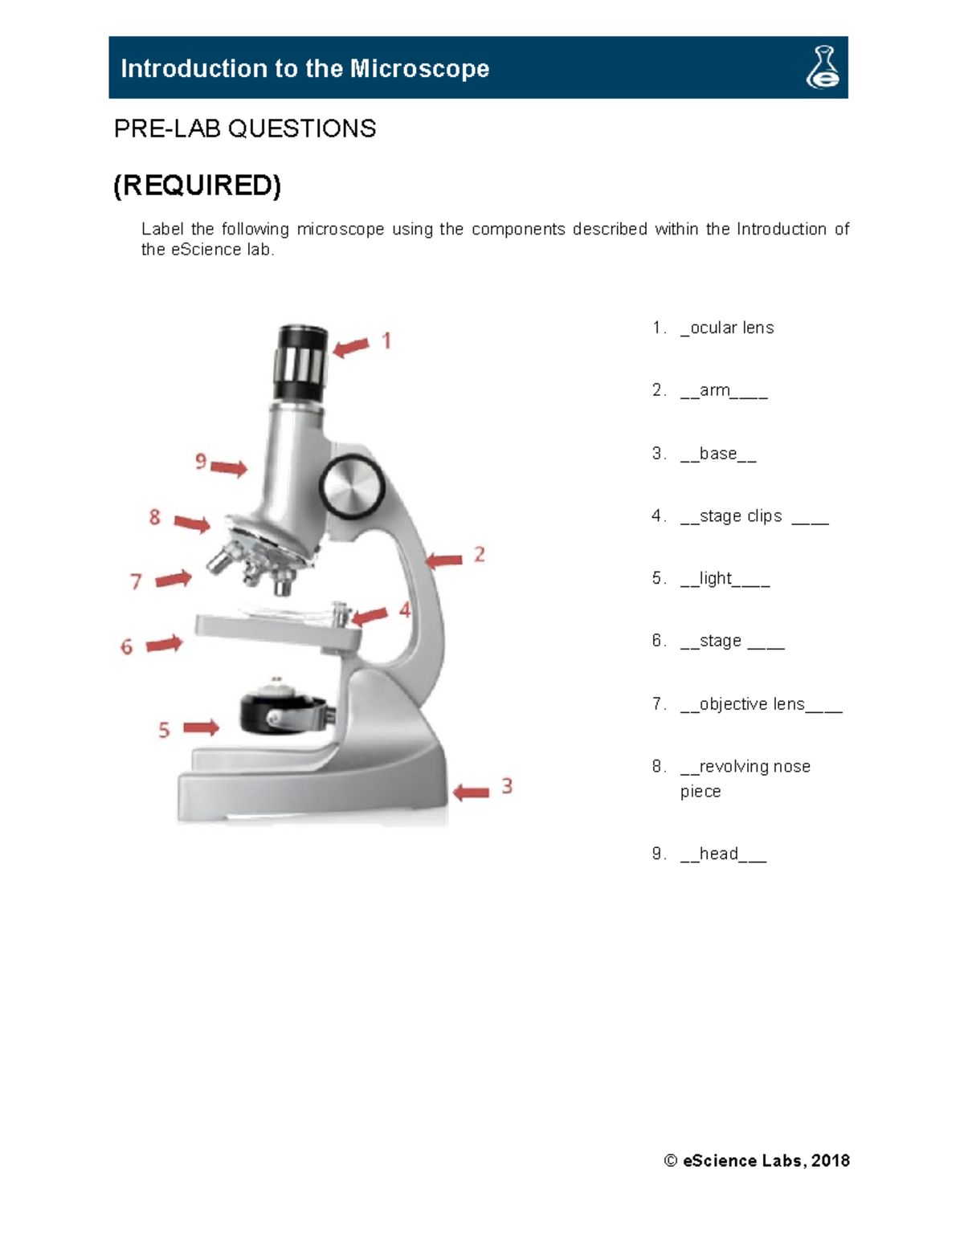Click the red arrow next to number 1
pyautogui.click(x=351, y=348)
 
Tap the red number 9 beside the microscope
pyautogui.click(x=201, y=462)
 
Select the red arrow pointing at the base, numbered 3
pyautogui.click(x=471, y=793)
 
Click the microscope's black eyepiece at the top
pyautogui.click(x=301, y=363)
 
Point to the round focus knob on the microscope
pyautogui.click(x=352, y=487)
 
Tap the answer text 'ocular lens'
pyautogui.click(x=731, y=328)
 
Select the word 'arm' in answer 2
pyautogui.click(x=714, y=390)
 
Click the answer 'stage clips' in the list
pyautogui.click(x=741, y=516)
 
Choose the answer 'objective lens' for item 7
pyautogui.click(x=752, y=704)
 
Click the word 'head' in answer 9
pyautogui.click(x=718, y=854)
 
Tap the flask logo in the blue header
pyautogui.click(x=823, y=67)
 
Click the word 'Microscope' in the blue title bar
pyautogui.click(x=419, y=68)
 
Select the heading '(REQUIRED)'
pyautogui.click(x=197, y=185)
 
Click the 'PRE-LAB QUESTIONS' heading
pyautogui.click(x=245, y=128)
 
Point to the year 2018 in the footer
pyautogui.click(x=831, y=1160)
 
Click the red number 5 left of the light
pyautogui.click(x=164, y=730)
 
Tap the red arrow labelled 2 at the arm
pyautogui.click(x=444, y=560)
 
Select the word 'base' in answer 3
pyautogui.click(x=717, y=454)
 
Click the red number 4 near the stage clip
pyautogui.click(x=405, y=610)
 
